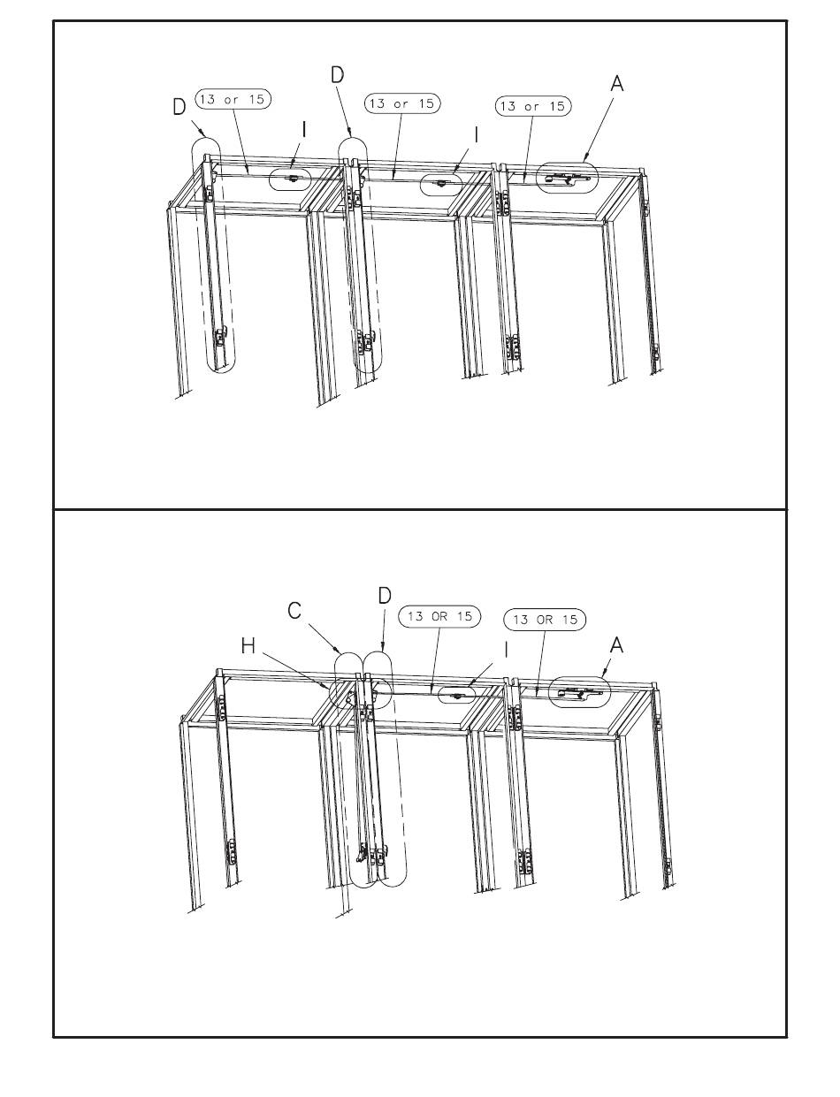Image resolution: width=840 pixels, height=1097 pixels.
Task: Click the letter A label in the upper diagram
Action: click(617, 84)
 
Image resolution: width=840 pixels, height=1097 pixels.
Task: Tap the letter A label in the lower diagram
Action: click(616, 645)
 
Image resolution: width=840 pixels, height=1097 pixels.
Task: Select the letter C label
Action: click(294, 610)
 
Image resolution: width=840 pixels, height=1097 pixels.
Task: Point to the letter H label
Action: click(248, 645)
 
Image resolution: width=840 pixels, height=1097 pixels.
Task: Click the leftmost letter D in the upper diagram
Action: click(179, 107)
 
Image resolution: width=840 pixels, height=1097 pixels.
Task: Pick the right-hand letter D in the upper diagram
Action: click(337, 75)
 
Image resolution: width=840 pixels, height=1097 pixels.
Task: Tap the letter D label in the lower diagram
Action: click(385, 596)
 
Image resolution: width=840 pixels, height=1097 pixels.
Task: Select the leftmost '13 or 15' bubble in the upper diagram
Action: click(233, 99)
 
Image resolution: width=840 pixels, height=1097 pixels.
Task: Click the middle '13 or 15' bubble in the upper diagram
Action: click(402, 103)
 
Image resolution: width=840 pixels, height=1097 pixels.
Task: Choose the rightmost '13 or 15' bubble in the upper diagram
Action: click(533, 106)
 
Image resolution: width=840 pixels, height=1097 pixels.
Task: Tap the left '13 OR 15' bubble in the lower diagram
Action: click(439, 616)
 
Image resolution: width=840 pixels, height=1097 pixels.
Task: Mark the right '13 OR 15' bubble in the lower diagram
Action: click(545, 620)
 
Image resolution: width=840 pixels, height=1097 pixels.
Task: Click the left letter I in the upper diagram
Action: click(304, 130)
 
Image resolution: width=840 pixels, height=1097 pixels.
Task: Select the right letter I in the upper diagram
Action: click(476, 134)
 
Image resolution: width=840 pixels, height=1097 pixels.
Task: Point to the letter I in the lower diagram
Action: click(507, 651)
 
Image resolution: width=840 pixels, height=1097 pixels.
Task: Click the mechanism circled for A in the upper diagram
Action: click(568, 178)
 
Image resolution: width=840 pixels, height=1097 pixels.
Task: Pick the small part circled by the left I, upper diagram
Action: click(291, 179)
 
